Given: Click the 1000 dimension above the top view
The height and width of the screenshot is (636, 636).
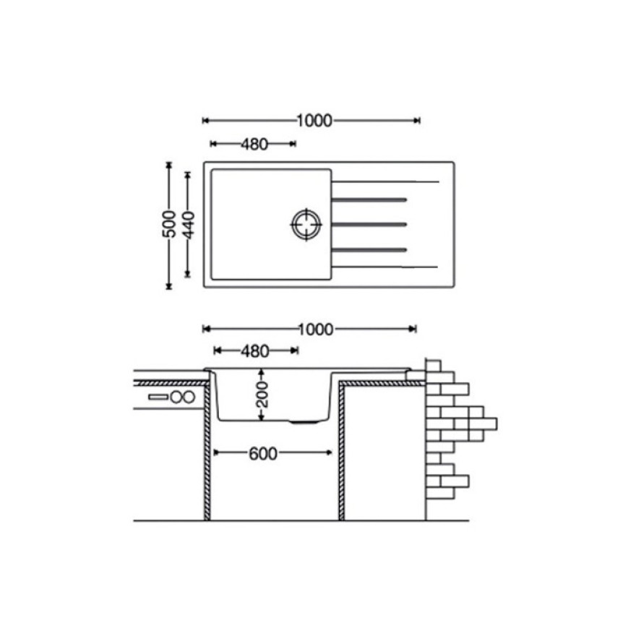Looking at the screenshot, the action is [314, 121].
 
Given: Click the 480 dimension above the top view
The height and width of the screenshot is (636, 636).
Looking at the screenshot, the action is [254, 144].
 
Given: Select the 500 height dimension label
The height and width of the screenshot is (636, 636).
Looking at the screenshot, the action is [169, 224].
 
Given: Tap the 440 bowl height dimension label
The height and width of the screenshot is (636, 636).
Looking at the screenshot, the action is [187, 225].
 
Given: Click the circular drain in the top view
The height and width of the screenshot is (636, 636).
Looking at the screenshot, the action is [306, 224].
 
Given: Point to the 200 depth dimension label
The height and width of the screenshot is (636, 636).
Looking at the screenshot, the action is [262, 395].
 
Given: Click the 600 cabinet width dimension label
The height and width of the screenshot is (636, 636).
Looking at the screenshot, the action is [263, 453].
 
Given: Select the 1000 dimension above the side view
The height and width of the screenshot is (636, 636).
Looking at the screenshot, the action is [316, 330].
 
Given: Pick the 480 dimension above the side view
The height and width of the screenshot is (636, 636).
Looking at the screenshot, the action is [254, 351].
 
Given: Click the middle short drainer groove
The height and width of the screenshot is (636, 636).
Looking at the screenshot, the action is [369, 224].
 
